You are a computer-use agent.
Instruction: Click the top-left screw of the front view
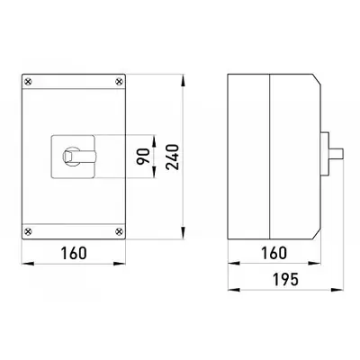29,81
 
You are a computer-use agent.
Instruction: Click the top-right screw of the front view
119,81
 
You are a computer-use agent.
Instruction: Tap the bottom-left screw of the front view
29,231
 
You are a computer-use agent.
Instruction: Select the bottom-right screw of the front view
119,231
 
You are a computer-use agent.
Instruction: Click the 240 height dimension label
173,157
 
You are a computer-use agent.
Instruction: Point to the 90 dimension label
143,157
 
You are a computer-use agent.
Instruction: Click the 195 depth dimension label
285,280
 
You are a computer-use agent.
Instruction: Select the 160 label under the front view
74,253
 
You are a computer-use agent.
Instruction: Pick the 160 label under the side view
274,253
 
